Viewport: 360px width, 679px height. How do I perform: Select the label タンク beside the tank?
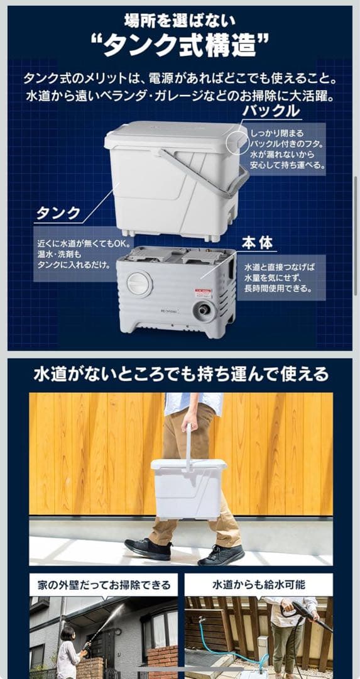[58, 213]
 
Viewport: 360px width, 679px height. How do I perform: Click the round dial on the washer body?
[139, 284]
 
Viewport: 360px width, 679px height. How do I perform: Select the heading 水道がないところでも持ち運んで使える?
[181, 375]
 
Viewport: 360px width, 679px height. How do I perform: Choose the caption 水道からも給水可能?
[258, 585]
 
